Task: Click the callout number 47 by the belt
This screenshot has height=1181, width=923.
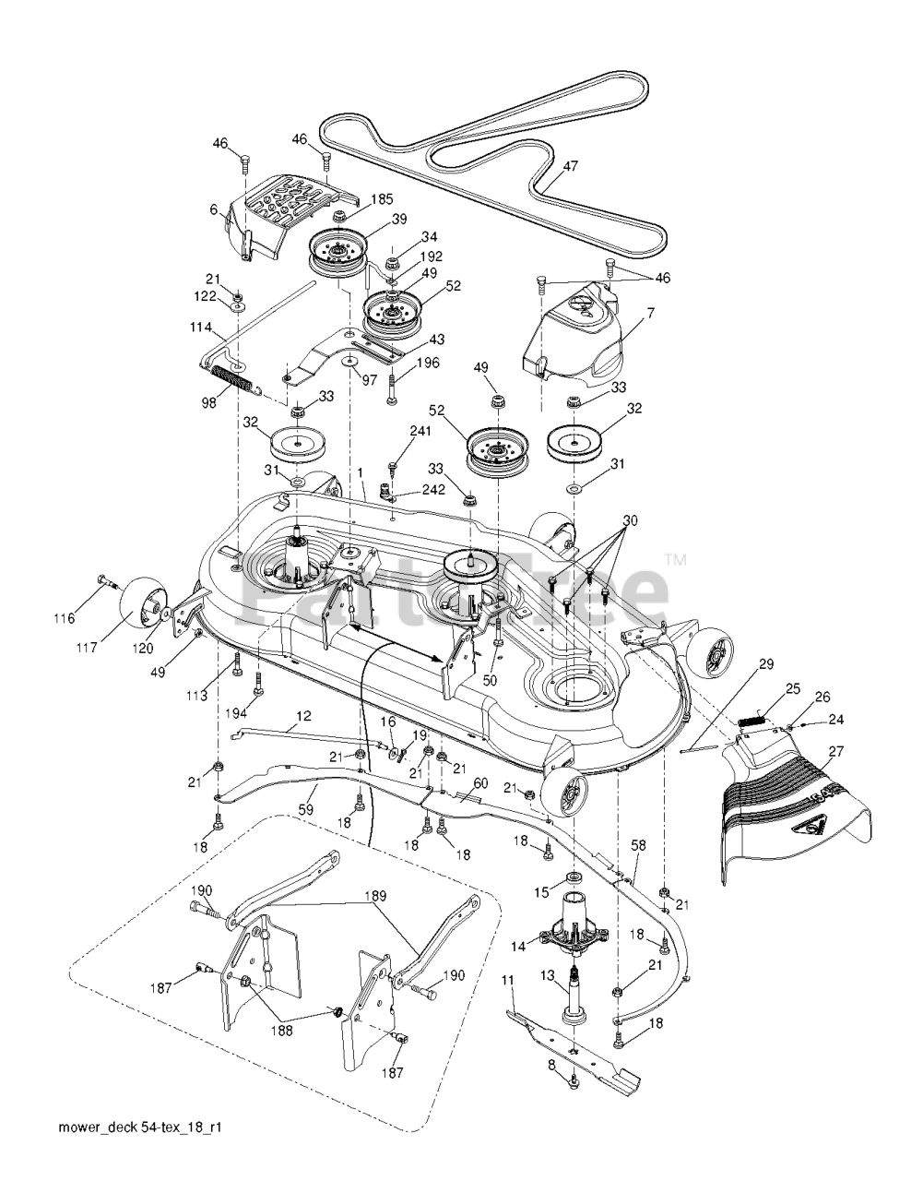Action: pyautogui.click(x=570, y=166)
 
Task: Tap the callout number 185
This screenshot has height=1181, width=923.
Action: pyautogui.click(x=383, y=199)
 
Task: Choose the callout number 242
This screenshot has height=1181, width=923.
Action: pyautogui.click(x=432, y=489)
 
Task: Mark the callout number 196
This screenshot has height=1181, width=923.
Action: pyautogui.click(x=429, y=362)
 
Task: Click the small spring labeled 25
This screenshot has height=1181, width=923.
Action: pyautogui.click(x=752, y=720)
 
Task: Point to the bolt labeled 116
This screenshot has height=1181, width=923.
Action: pyautogui.click(x=109, y=581)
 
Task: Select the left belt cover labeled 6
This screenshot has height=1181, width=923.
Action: pyautogui.click(x=292, y=219)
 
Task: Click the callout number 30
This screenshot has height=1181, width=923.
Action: pyautogui.click(x=630, y=520)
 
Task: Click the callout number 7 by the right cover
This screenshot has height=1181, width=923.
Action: pyautogui.click(x=650, y=313)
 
